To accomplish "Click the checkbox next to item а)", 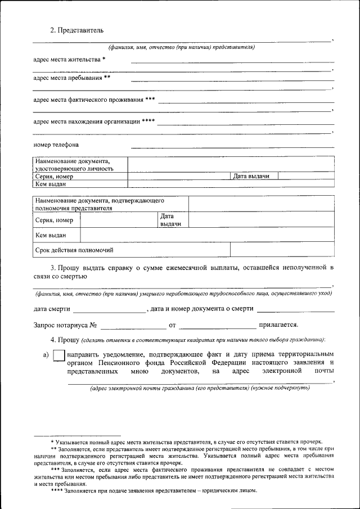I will (x=58, y=356).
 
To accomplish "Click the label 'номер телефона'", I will (x=56, y=145).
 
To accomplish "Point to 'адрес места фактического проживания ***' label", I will (x=94, y=100).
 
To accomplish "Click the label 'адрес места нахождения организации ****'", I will (x=94, y=121).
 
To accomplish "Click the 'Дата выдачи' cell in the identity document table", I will (x=251, y=176).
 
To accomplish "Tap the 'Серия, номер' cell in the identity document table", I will (x=54, y=176).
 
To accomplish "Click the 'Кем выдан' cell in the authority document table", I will (x=51, y=235).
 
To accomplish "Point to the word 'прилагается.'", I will (x=278, y=325).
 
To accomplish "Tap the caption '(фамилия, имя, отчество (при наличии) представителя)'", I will (x=182, y=47).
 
